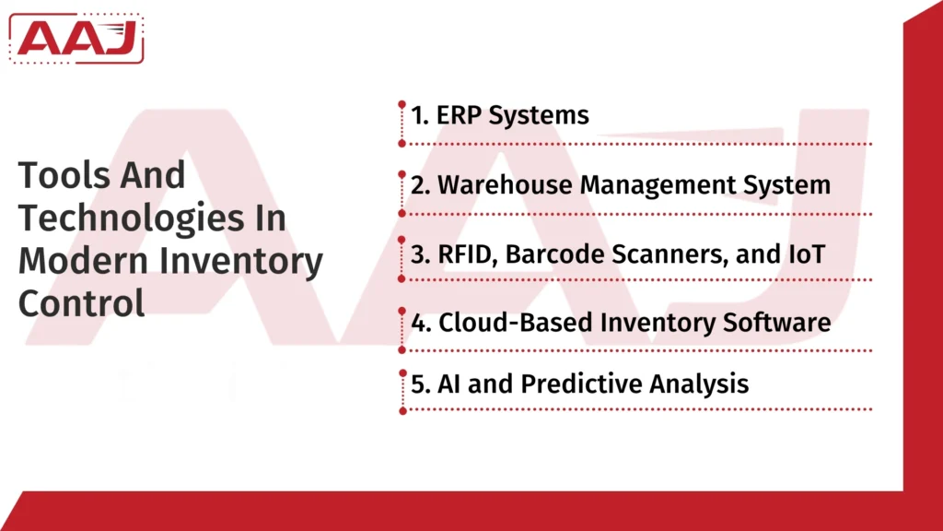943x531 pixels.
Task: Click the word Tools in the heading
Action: [57, 175]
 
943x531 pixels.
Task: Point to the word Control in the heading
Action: [81, 303]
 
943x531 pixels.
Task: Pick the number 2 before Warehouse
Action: [420, 185]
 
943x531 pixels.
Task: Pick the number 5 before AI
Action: [420, 383]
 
